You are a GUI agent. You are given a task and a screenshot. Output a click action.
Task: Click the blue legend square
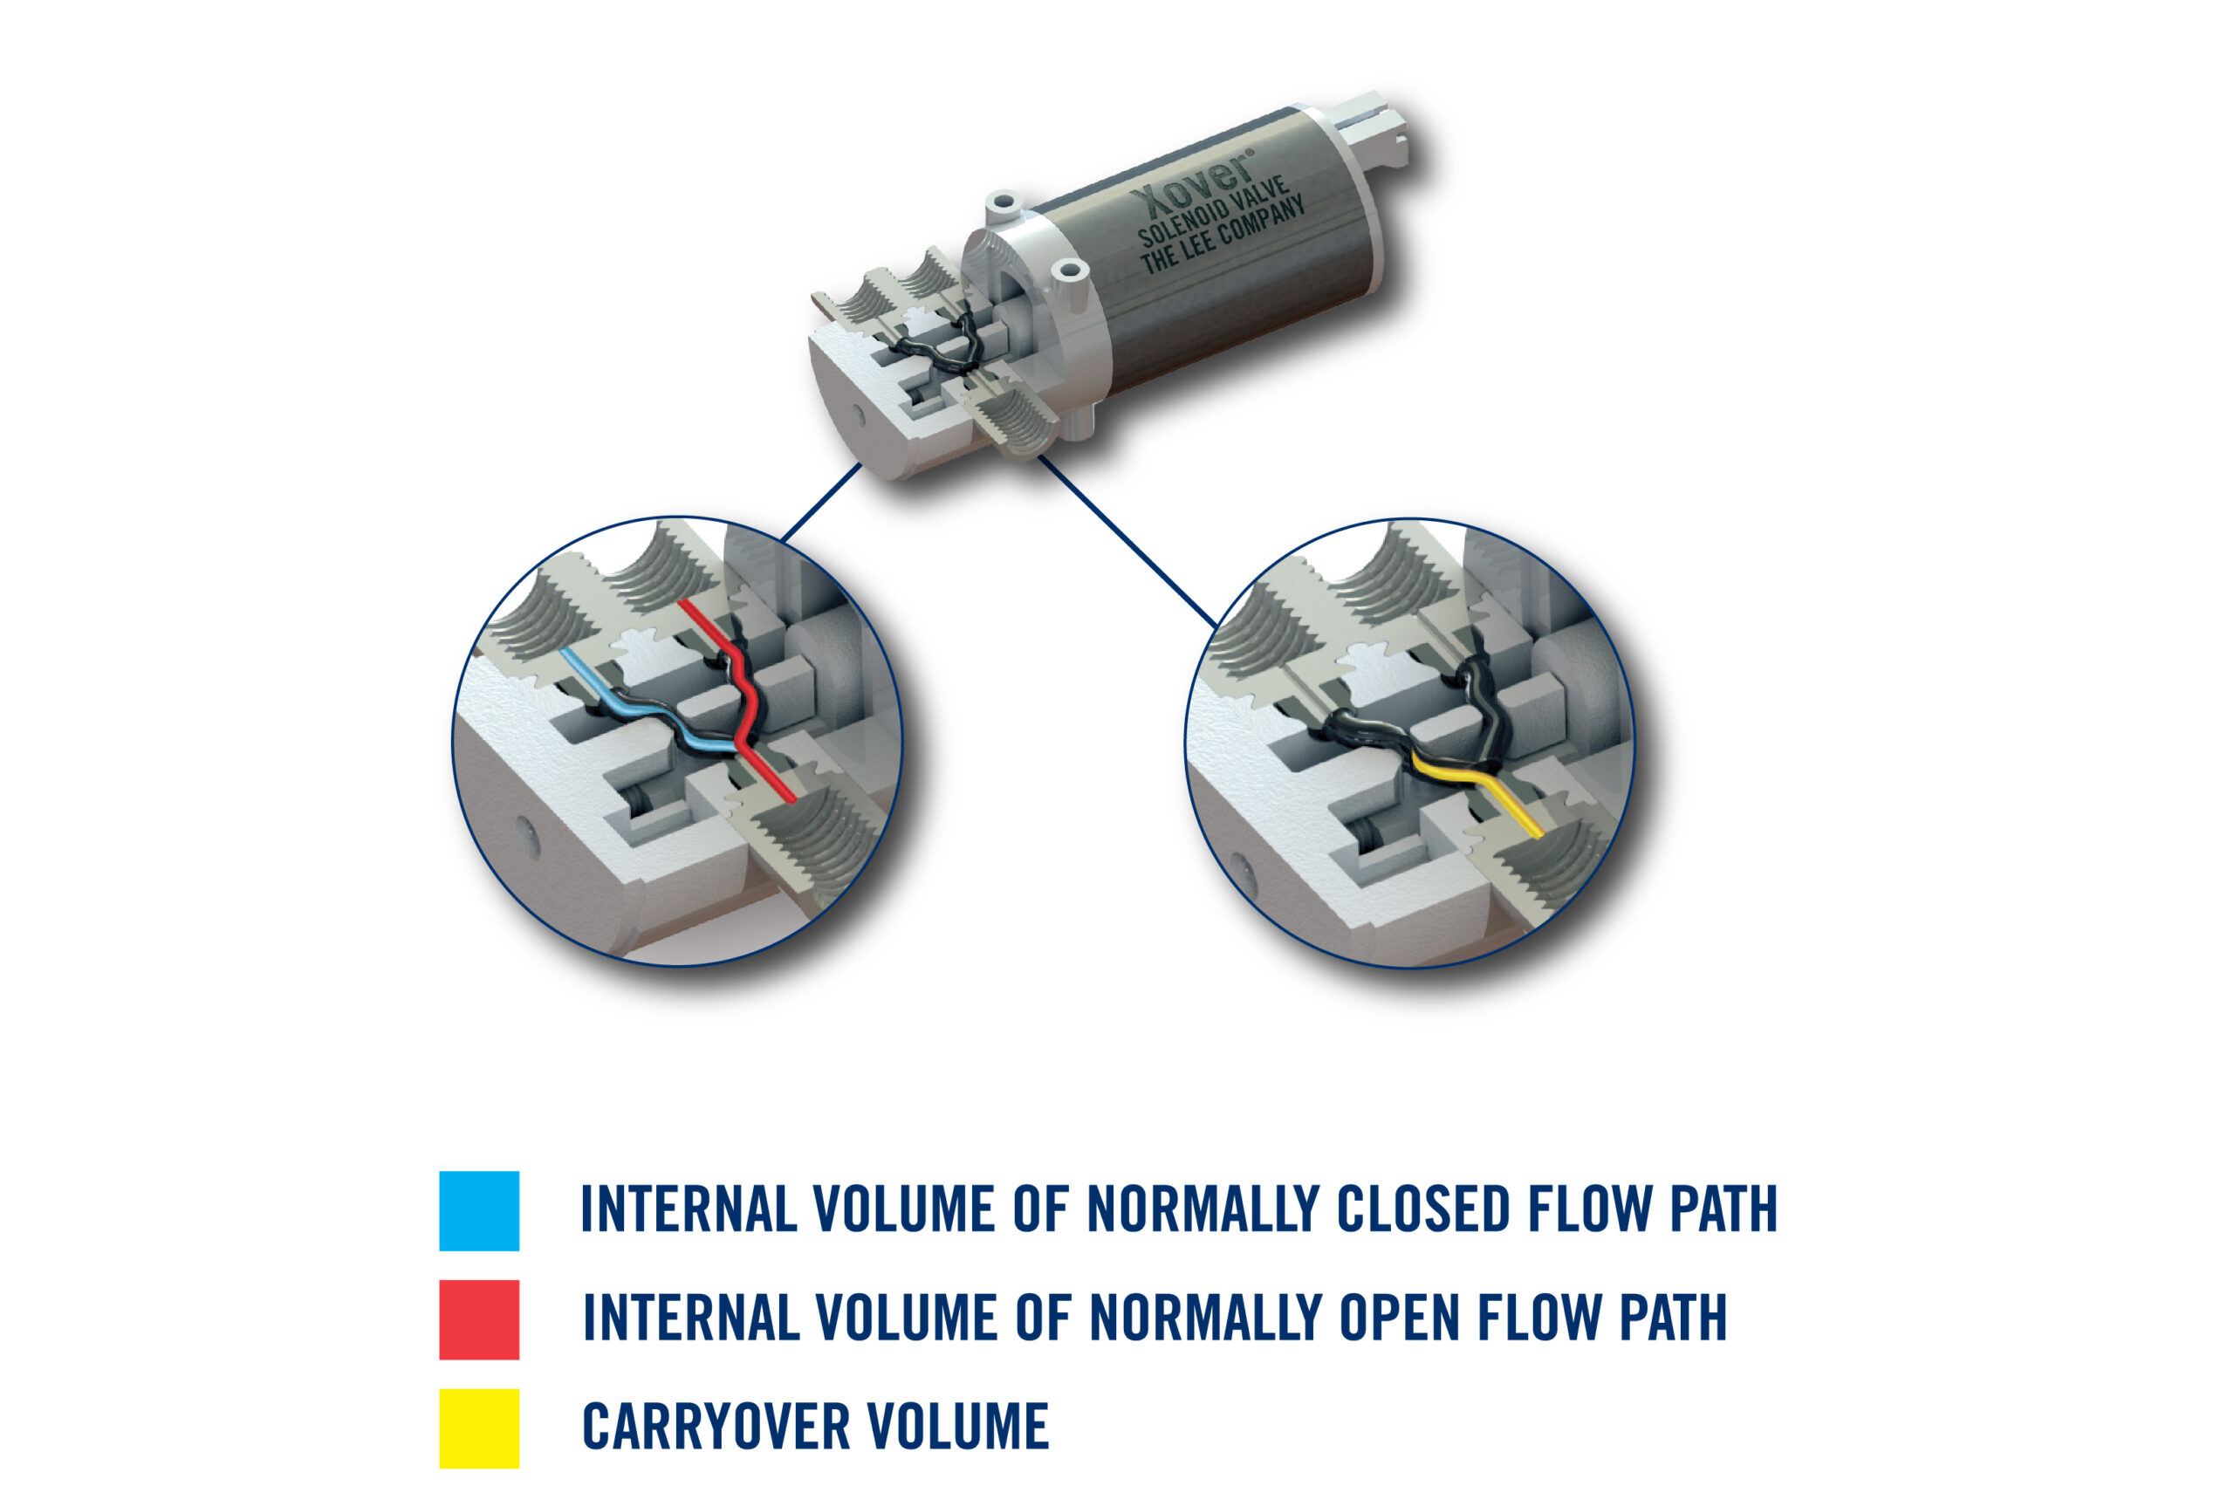click(x=479, y=1210)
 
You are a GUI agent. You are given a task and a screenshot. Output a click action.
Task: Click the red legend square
click(x=479, y=1319)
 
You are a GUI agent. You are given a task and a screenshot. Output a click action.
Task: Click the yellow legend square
click(x=479, y=1428)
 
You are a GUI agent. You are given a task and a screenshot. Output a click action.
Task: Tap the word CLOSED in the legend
click(x=1422, y=1209)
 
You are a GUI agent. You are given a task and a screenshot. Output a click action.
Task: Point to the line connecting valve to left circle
click(x=821, y=503)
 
